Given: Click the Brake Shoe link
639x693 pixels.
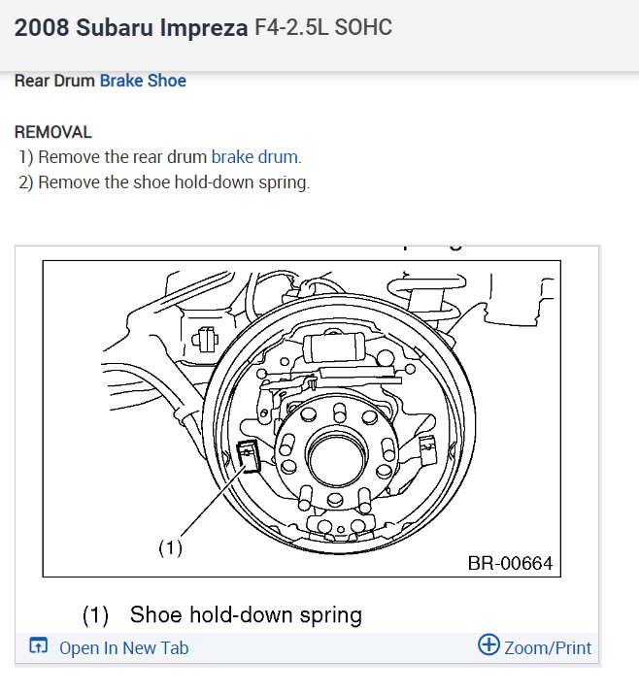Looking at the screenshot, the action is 143,81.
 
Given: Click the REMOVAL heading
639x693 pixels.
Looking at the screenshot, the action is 53,131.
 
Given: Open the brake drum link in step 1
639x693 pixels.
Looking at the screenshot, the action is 255,156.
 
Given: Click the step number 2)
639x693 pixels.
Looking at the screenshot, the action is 26,181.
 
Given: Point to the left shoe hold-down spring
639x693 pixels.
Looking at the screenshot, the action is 249,453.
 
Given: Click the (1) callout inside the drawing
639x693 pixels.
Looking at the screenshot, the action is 170,547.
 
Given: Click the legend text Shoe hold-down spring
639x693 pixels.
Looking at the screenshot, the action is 246,614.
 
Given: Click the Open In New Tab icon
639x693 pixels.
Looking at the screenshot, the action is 38,647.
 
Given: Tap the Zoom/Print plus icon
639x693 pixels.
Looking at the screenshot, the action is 489,645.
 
